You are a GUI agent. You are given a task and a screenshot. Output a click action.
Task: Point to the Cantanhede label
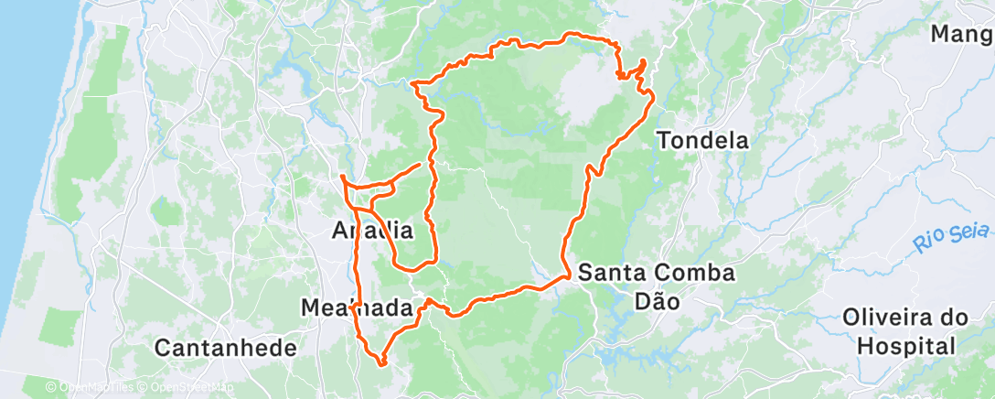[x=226, y=348]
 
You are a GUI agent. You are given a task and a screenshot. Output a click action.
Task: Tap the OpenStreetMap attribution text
[x=183, y=387]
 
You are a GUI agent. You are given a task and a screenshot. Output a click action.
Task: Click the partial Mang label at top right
[x=961, y=35]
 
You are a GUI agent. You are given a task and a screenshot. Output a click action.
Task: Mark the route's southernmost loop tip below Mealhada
[x=382, y=363]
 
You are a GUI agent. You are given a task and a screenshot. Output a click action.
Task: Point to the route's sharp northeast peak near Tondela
[x=644, y=62]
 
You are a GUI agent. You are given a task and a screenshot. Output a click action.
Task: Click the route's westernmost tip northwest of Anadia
[x=341, y=176]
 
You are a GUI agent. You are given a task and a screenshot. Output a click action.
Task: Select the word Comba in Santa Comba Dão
[x=701, y=273]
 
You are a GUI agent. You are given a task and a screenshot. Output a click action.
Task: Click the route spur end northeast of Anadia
[x=420, y=164]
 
